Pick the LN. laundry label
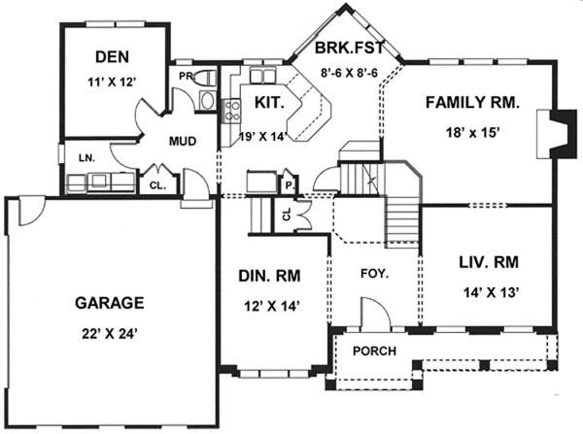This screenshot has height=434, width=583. click(x=73, y=155)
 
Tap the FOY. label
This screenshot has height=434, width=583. click(x=374, y=274)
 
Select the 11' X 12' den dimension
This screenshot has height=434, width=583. click(x=114, y=83)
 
